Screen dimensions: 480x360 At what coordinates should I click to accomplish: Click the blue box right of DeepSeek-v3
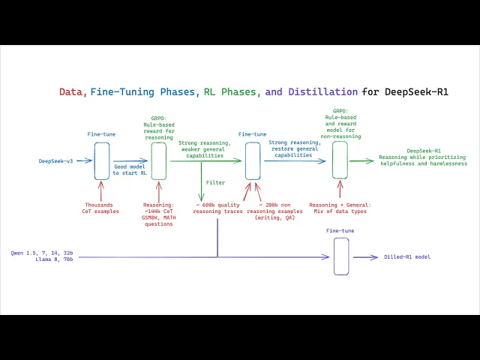coord(102,160)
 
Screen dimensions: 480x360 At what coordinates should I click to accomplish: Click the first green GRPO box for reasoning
coord(158,160)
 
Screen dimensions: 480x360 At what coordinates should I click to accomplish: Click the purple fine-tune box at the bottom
coord(341,256)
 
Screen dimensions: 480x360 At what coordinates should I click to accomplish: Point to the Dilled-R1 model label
coord(406,257)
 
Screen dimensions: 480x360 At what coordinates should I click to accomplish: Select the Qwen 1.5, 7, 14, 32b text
coord(42,253)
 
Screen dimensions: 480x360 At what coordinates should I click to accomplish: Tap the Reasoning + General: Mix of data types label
coord(340,207)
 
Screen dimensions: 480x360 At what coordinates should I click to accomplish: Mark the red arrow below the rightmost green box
coord(340,189)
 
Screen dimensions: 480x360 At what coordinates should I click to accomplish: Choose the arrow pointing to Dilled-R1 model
coord(366,257)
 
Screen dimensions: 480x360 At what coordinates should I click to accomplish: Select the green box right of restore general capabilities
coord(340,160)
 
